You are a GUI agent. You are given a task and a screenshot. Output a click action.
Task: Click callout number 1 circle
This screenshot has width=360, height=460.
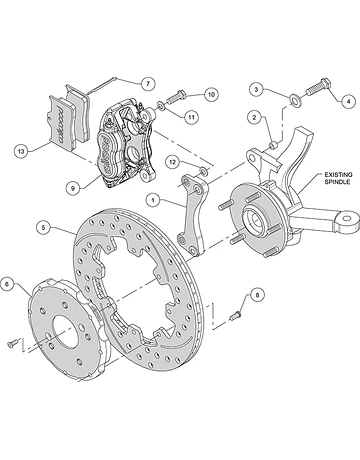tap(153, 200)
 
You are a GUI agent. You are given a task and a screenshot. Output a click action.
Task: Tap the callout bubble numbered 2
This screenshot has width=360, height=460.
tap(254, 117)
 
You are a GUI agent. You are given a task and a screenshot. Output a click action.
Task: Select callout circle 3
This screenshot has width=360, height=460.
tap(256, 89)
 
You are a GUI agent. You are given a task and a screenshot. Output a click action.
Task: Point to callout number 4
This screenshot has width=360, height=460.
tap(349, 101)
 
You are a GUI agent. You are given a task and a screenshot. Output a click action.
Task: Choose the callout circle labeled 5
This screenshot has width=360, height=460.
tap(43, 228)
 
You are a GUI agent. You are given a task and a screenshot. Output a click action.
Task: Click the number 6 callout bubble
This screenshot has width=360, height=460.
tap(7, 284)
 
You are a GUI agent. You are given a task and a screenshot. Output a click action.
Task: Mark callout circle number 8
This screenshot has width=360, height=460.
tap(257, 295)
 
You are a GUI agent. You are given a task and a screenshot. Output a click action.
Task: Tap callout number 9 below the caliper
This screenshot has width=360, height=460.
tap(73, 188)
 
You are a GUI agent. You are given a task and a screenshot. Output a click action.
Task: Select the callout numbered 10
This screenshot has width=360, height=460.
tap(211, 95)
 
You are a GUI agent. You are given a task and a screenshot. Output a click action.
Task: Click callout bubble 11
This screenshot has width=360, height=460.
tap(191, 117)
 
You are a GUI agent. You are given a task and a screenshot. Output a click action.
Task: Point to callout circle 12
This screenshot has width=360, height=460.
tap(172, 162)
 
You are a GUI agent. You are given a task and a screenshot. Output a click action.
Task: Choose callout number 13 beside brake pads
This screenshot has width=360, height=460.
tap(21, 151)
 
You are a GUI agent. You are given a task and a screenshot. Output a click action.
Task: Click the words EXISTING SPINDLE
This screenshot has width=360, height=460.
tap(338, 178)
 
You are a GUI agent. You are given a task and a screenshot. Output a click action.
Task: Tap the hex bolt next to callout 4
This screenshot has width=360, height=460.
tap(318, 87)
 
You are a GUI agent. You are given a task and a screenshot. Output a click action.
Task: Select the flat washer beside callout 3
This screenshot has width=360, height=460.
tap(294, 99)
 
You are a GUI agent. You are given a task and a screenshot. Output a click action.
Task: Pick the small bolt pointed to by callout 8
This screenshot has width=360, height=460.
tap(235, 315)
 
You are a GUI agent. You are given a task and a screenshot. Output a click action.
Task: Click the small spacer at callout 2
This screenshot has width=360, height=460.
tap(273, 145)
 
